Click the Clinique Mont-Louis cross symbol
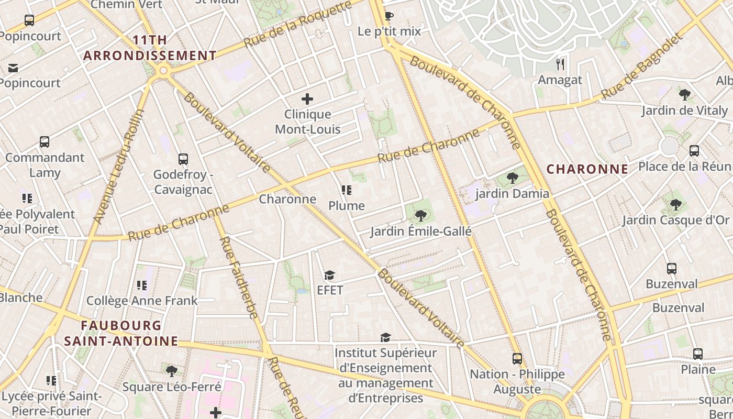point(307,98)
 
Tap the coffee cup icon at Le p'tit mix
point(388,16)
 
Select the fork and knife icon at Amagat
point(560,64)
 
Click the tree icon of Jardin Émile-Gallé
point(420,215)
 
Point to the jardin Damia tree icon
point(513,178)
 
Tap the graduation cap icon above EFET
point(329,275)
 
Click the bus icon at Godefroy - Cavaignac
point(183,159)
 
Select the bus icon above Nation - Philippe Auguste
point(517,359)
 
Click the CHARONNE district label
point(587,169)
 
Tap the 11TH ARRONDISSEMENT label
point(150,48)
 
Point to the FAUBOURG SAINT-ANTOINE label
point(121,333)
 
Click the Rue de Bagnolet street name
point(642,66)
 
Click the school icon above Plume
point(346,190)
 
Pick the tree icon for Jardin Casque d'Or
point(675,204)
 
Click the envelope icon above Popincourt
point(13,68)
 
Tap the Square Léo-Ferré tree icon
point(171,371)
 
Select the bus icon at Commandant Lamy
point(45,142)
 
